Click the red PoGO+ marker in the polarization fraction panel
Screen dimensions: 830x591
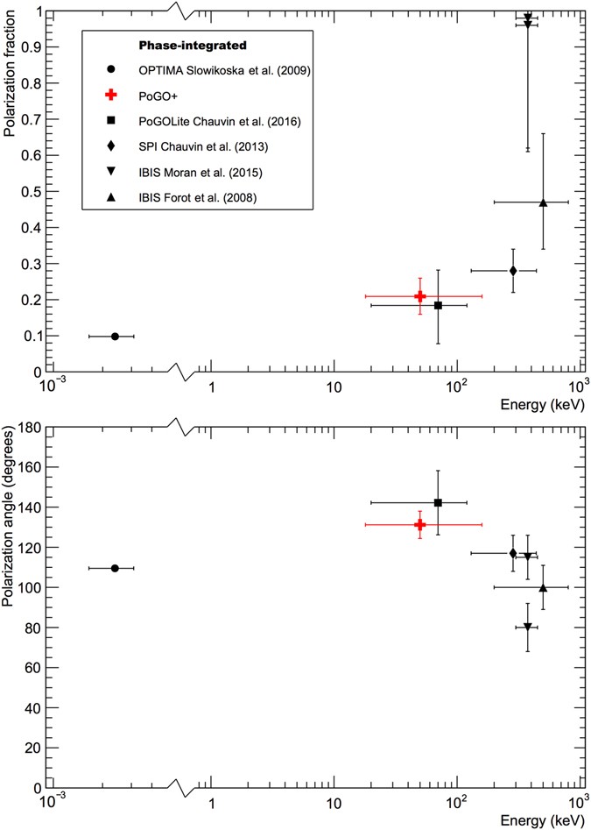point(420,296)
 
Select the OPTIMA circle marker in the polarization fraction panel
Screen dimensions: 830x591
point(115,337)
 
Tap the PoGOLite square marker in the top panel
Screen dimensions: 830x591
point(438,305)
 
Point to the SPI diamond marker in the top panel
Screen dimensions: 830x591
point(513,271)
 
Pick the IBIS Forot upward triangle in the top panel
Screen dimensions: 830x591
point(543,202)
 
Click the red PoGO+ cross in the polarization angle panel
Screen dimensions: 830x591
point(420,524)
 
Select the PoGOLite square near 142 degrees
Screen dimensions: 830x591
point(438,502)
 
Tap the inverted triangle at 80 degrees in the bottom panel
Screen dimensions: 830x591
point(527,628)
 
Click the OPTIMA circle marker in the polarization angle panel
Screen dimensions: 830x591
point(115,568)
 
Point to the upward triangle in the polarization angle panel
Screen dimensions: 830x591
point(543,587)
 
